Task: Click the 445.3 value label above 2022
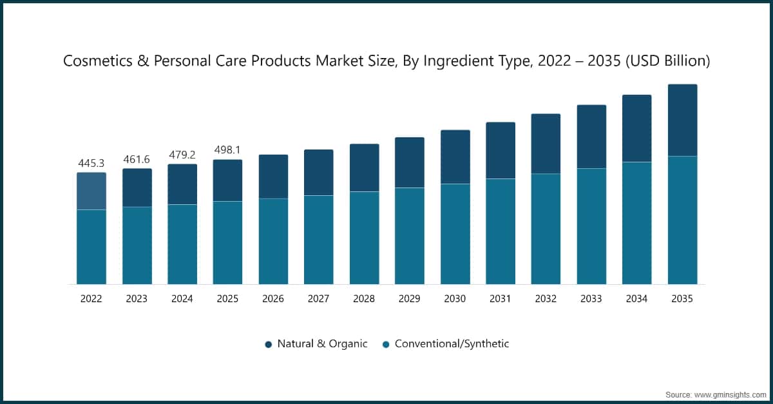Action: [x=91, y=163]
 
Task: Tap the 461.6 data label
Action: [x=137, y=159]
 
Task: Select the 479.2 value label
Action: [x=182, y=155]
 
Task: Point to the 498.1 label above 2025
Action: [x=227, y=150]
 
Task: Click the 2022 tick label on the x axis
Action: [x=91, y=299]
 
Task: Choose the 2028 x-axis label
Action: [x=364, y=299]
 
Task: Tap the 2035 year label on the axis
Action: [x=682, y=299]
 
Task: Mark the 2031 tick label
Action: [x=501, y=299]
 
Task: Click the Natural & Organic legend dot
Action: [x=269, y=344]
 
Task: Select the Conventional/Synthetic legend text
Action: [x=452, y=344]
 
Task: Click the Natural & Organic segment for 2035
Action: [x=682, y=120]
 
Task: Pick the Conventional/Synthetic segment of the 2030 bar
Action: [x=455, y=234]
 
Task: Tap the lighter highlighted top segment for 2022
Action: [x=91, y=191]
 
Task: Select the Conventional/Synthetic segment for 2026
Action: [x=273, y=241]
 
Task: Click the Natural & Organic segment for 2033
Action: [x=591, y=137]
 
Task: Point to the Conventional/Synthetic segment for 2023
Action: [x=137, y=245]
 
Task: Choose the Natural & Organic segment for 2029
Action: [x=409, y=162]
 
